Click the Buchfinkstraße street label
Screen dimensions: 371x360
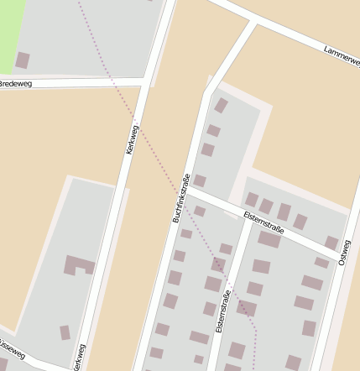point(182,198)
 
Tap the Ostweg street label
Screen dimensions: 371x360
point(343,253)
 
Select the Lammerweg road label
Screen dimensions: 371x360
point(341,56)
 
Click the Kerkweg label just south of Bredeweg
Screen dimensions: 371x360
point(132,139)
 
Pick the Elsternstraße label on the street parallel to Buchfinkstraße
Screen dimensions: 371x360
point(223,311)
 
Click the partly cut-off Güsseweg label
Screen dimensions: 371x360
point(12,350)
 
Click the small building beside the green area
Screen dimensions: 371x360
point(23,60)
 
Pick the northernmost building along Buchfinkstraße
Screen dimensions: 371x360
point(221,105)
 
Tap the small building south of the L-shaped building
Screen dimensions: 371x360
point(65,332)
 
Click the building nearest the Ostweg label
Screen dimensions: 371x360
point(331,243)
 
